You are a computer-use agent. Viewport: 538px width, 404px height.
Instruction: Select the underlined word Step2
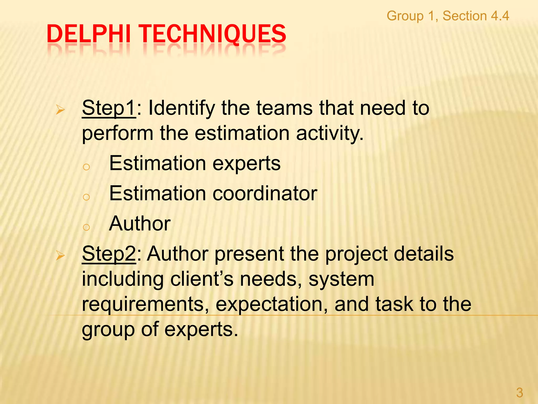(x=109, y=254)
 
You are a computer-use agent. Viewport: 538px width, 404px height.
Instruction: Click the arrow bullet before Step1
(x=60, y=110)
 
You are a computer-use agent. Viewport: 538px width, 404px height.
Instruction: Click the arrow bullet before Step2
(x=60, y=255)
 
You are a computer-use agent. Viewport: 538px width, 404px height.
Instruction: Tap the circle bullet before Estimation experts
(x=86, y=167)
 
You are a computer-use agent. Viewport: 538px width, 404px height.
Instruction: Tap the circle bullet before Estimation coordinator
(x=86, y=197)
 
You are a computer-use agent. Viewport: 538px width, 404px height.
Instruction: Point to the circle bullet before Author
(x=86, y=227)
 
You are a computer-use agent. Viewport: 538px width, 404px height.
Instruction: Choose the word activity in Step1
(x=330, y=133)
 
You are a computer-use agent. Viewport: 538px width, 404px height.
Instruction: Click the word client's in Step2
(x=202, y=279)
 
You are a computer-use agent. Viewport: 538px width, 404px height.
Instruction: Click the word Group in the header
(x=405, y=16)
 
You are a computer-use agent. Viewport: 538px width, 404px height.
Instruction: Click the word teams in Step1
(x=284, y=108)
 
